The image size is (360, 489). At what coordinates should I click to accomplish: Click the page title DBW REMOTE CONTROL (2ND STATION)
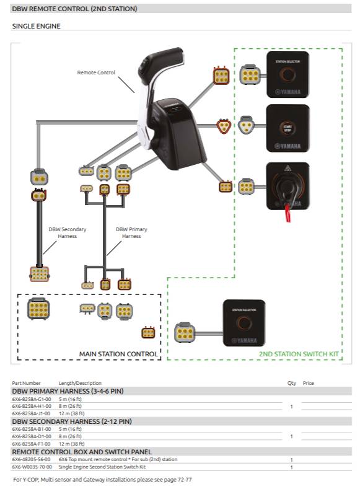74,9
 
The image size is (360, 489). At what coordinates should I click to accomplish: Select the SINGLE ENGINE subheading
36,27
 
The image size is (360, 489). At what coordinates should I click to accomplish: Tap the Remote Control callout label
96,73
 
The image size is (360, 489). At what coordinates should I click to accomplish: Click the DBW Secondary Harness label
68,232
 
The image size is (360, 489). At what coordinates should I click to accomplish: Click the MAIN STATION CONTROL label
118,354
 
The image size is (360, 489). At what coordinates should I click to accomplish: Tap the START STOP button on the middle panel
287,127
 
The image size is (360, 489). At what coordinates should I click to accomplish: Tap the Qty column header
291,383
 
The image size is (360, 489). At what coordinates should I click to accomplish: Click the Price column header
308,383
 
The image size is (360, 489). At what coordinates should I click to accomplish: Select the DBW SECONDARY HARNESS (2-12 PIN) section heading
71,421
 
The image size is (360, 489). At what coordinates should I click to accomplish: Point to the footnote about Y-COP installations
99,480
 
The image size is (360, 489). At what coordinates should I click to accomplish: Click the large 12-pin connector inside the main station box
39,308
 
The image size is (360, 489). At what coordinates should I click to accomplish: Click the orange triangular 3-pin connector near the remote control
222,126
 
